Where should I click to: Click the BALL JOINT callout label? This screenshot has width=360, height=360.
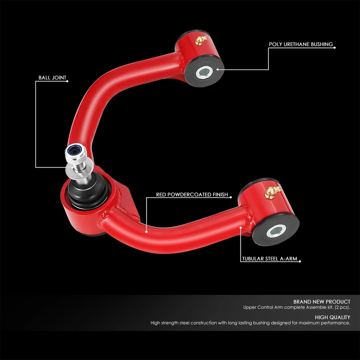(52, 78)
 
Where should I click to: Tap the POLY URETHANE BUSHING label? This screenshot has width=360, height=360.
(301, 44)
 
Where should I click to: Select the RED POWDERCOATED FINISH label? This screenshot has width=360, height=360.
(192, 195)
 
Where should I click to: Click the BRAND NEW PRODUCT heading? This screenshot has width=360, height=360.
(322, 301)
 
